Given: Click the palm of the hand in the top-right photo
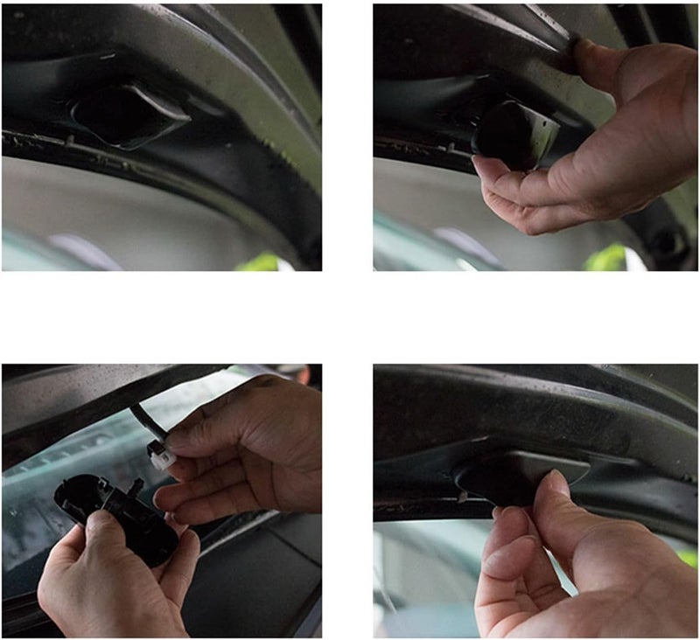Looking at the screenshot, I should pyautogui.click(x=630, y=149).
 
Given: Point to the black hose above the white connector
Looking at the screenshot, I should pyautogui.click(x=140, y=420).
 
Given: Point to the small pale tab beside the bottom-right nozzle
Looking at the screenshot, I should pyautogui.click(x=461, y=497).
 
